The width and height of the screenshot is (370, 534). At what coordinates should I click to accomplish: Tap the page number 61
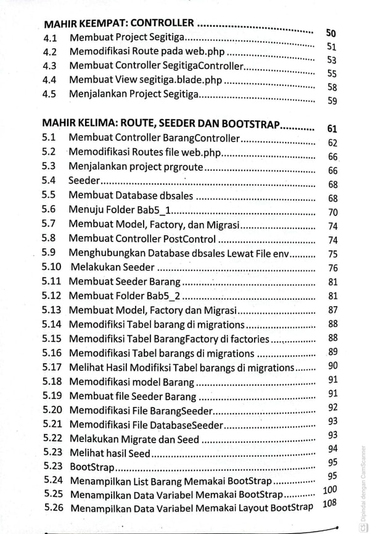point(332,129)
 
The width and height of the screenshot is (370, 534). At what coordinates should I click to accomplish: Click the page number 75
point(332,254)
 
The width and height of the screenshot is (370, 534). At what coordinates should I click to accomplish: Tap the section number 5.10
point(52,267)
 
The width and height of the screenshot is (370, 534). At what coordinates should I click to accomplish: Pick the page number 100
point(330,490)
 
